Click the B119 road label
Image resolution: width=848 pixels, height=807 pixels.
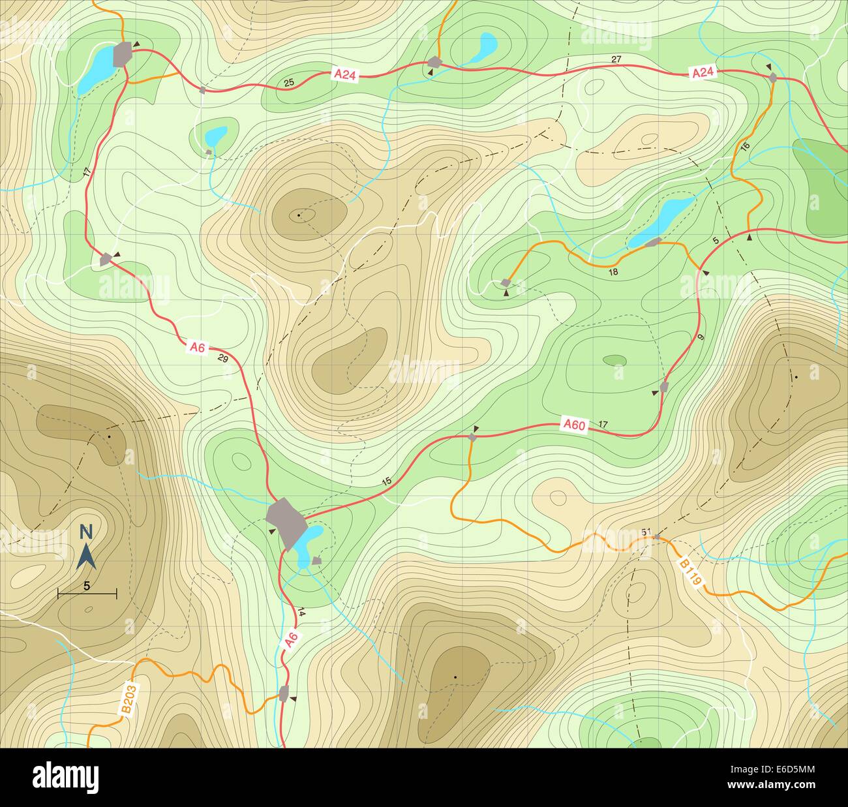pyautogui.click(x=689, y=573)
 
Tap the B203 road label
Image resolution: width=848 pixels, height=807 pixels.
pyautogui.click(x=129, y=700)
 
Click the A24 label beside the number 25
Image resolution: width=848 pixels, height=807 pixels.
pyautogui.click(x=345, y=75)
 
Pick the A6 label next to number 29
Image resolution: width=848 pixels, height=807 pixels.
pyautogui.click(x=197, y=348)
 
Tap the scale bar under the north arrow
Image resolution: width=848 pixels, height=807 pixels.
pyautogui.click(x=87, y=593)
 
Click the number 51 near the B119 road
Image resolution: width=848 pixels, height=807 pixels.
pyautogui.click(x=646, y=533)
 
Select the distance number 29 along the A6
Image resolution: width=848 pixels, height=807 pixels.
pyautogui.click(x=222, y=359)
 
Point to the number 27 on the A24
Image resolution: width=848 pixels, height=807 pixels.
pyautogui.click(x=616, y=60)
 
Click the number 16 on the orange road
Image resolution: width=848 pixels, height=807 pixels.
pyautogui.click(x=746, y=145)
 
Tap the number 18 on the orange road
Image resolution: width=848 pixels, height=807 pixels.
pyautogui.click(x=613, y=272)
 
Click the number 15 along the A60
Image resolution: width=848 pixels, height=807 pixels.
pyautogui.click(x=386, y=481)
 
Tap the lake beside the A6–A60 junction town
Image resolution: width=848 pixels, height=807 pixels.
pyautogui.click(x=307, y=543)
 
